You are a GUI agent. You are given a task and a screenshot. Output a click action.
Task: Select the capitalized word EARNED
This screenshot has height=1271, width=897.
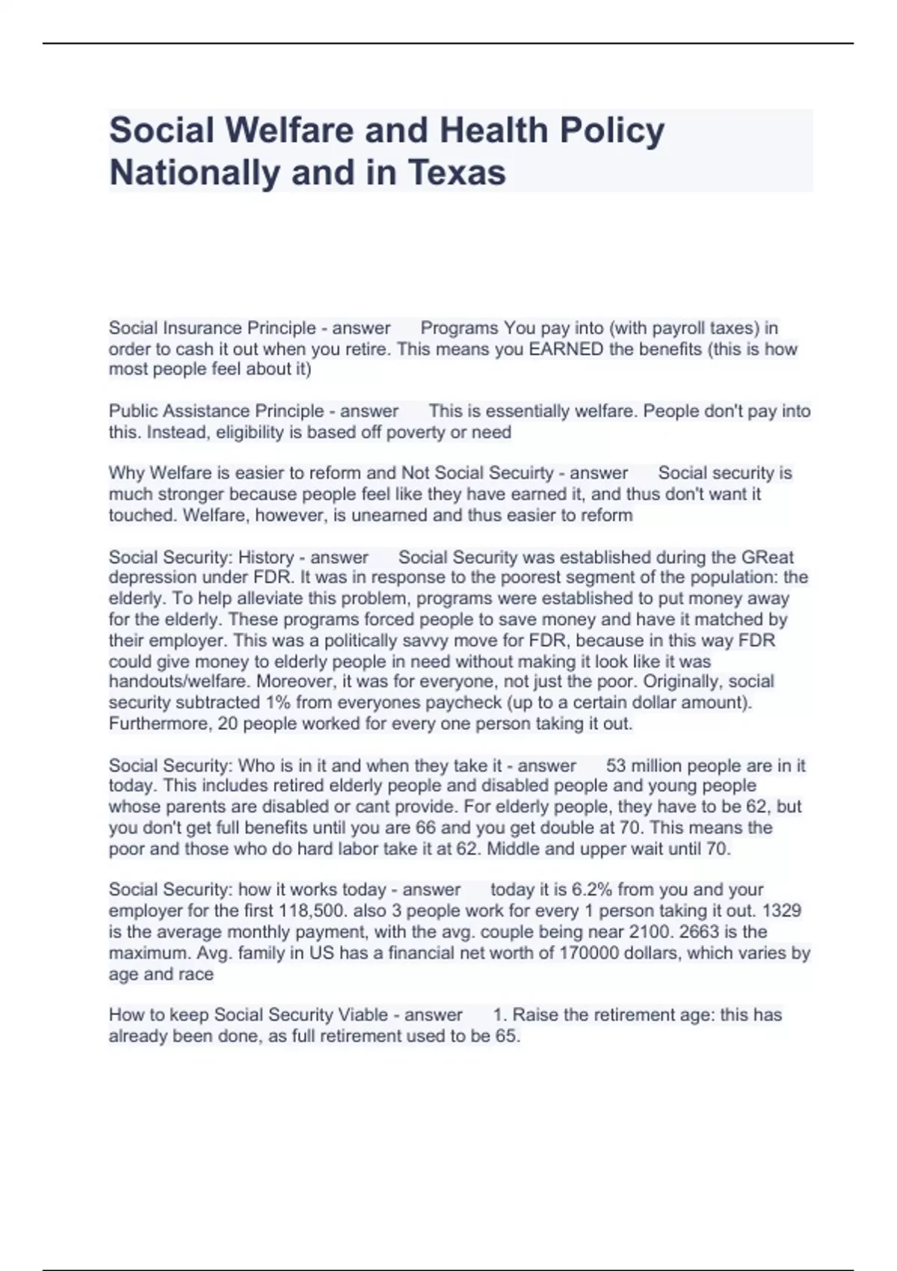pyautogui.click(x=566, y=349)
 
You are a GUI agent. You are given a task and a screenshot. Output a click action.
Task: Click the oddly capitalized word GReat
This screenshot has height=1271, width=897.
pyautogui.click(x=768, y=557)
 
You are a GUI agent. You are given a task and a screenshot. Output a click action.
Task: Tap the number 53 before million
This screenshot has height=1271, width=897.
pyautogui.click(x=617, y=766)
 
